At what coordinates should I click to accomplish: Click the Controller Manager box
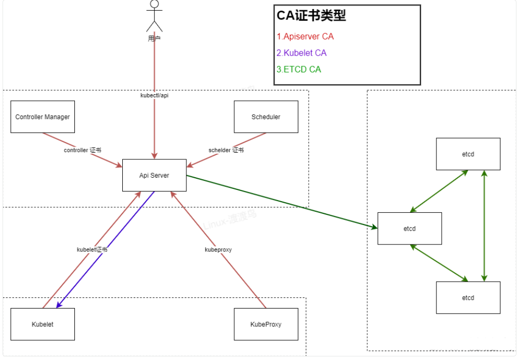42,117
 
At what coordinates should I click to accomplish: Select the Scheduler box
265,117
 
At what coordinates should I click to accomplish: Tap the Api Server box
154,175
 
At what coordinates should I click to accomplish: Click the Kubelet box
42,324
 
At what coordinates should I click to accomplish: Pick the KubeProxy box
265,324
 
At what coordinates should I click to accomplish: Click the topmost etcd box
468,154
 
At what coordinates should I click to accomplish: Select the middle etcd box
409,229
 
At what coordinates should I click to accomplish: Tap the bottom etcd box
468,297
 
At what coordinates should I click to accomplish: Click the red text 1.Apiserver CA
305,37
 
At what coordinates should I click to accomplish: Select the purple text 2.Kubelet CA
302,53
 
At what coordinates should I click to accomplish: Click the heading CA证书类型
311,16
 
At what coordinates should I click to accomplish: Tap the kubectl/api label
154,95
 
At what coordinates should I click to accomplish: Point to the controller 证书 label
82,150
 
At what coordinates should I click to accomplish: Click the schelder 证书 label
226,150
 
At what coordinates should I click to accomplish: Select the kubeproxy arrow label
218,250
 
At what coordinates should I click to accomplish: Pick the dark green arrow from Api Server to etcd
280,201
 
